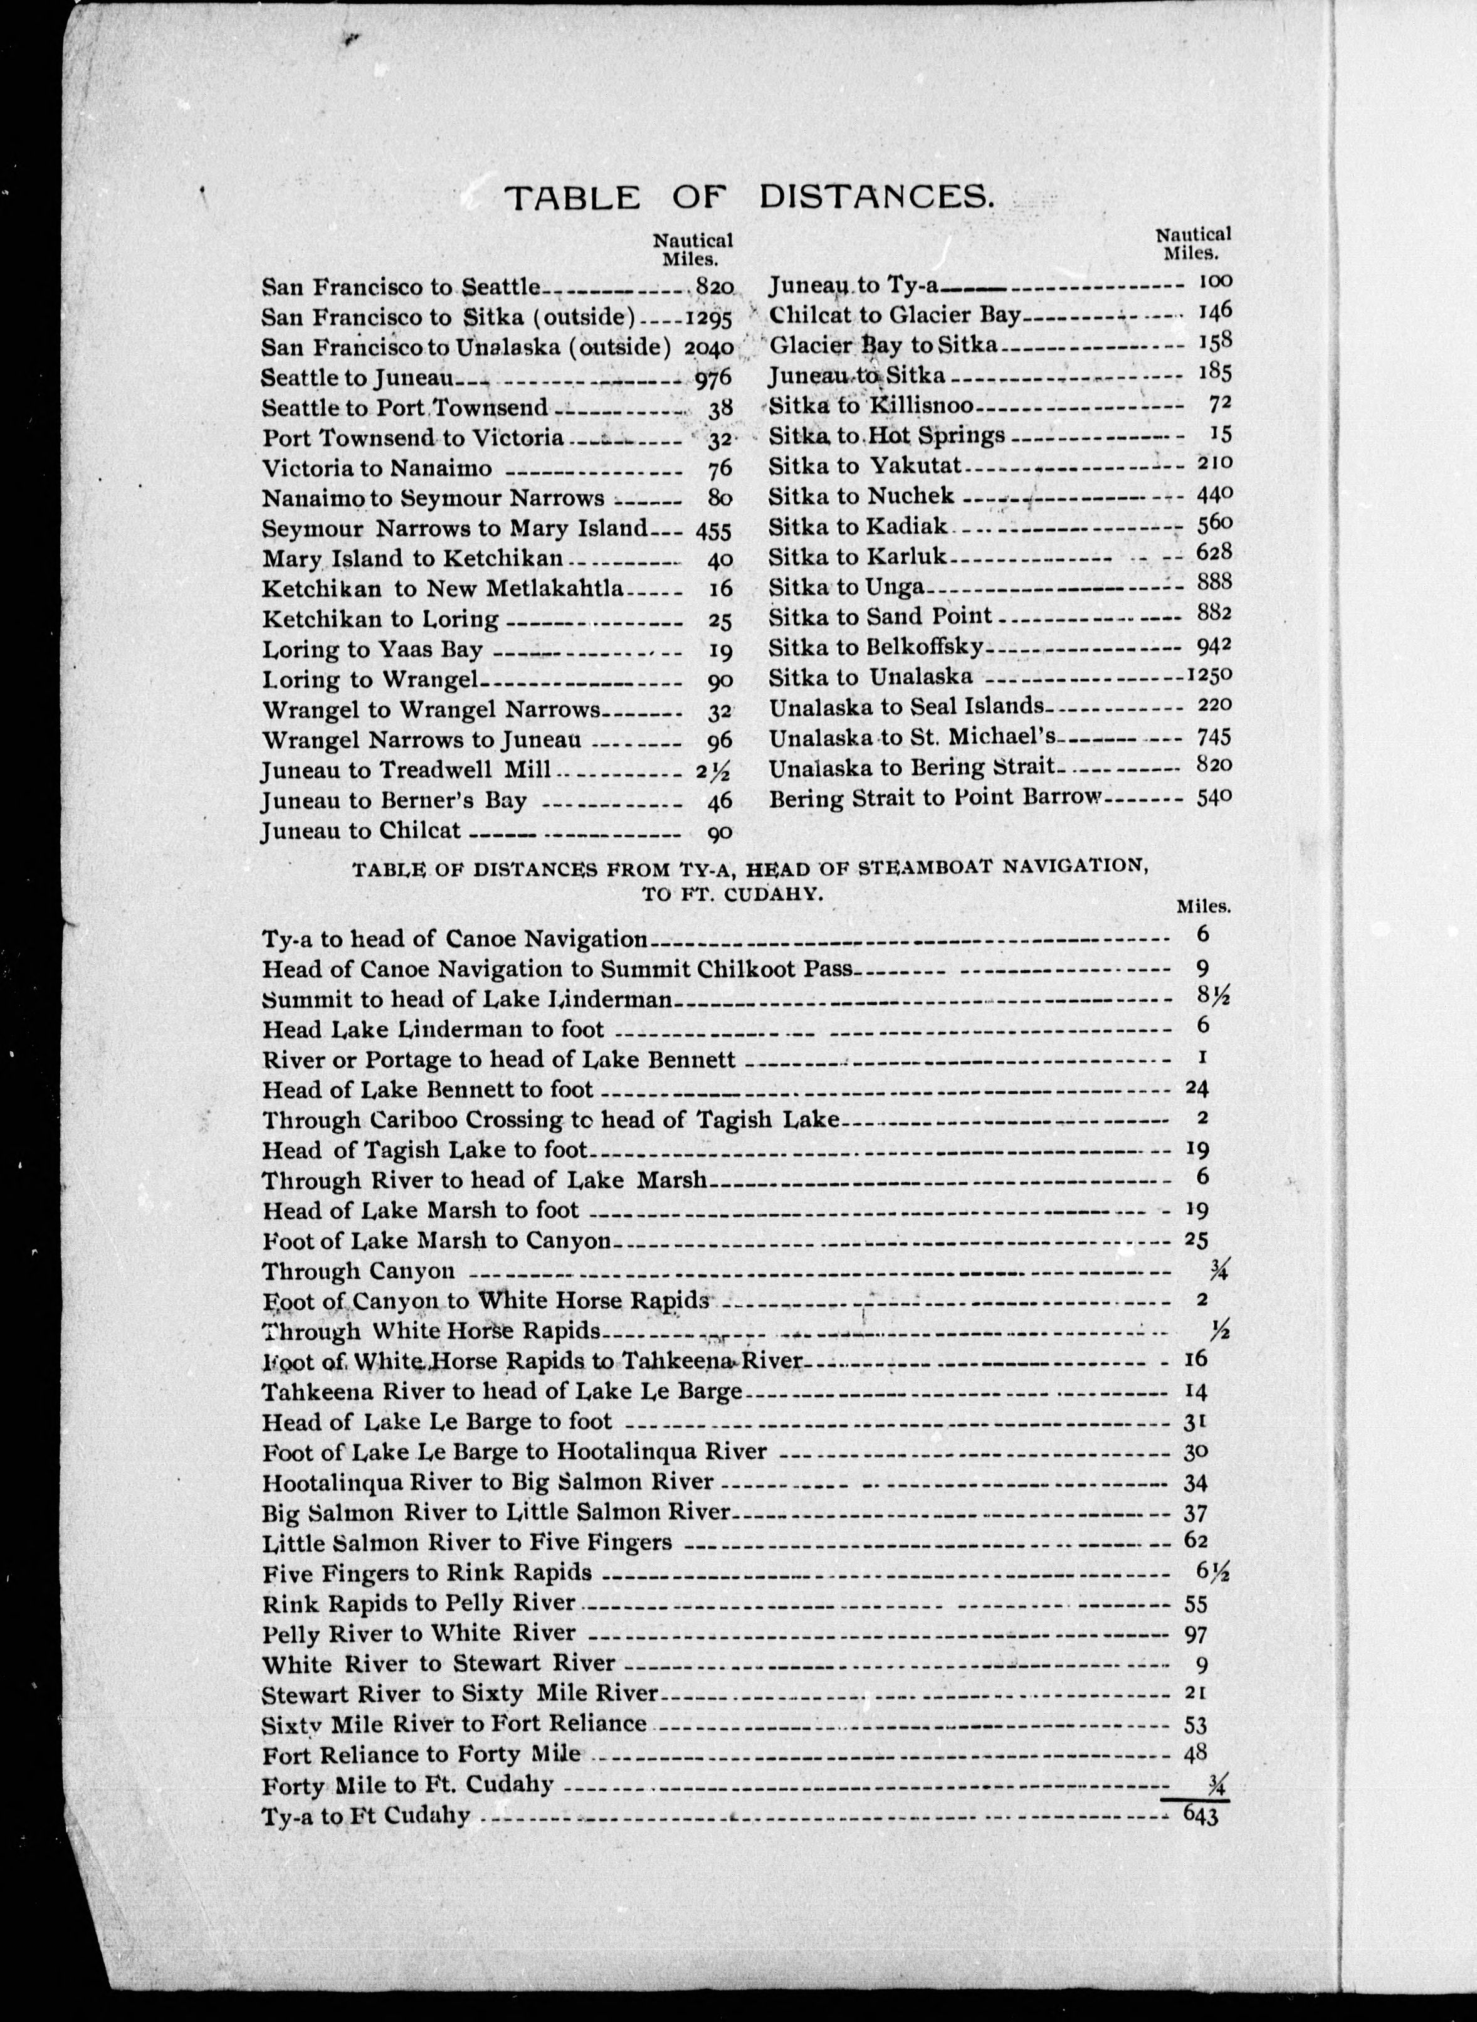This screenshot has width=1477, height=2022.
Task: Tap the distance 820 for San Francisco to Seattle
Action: (x=713, y=287)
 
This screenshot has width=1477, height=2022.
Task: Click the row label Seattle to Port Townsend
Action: (x=404, y=408)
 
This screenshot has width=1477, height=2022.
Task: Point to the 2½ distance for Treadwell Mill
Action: (x=713, y=771)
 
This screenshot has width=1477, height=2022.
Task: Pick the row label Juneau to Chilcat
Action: (x=361, y=831)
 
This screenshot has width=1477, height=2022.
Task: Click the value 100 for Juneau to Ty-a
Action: (x=1214, y=282)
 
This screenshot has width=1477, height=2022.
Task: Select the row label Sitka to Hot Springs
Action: (x=886, y=435)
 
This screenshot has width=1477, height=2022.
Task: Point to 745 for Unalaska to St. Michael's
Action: (x=1213, y=737)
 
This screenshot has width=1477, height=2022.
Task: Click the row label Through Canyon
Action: (x=359, y=1271)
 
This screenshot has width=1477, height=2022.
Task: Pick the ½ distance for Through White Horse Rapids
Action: (x=1217, y=1330)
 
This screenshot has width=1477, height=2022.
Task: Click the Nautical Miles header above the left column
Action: (x=692, y=250)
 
